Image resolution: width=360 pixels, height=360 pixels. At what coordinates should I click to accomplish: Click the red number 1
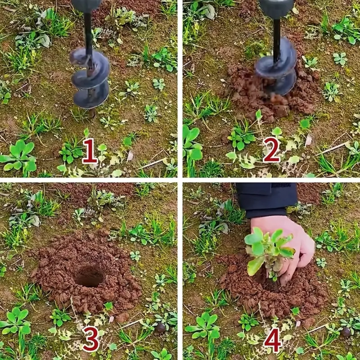(90, 151)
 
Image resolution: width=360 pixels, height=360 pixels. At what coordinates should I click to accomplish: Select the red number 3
(91, 339)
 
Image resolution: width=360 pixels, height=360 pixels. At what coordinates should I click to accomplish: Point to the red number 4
(273, 340)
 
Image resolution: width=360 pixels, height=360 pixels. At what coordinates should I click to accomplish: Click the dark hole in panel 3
(89, 277)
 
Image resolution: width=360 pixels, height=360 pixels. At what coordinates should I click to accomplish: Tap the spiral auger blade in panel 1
(91, 78)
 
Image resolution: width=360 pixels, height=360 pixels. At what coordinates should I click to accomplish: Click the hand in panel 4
(287, 248)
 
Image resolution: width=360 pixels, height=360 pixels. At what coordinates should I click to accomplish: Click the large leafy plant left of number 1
(18, 157)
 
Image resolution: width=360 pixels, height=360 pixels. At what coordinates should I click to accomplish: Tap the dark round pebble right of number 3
(160, 328)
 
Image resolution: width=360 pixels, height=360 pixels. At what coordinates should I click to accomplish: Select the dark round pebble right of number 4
(346, 332)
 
